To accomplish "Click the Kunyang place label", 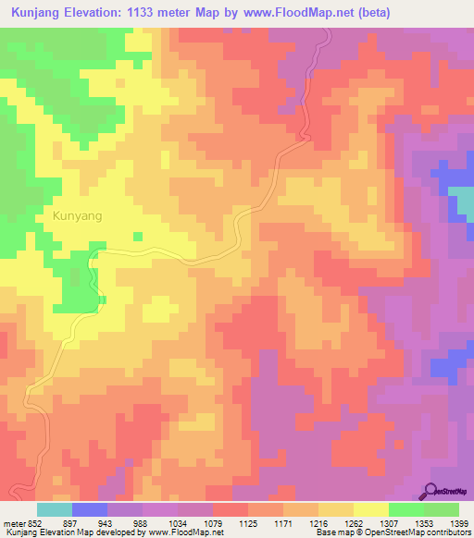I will pyautogui.click(x=70, y=215).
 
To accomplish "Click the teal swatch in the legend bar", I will pyautogui.click(x=54, y=509).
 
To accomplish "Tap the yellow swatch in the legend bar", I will pyautogui.click(x=371, y=509).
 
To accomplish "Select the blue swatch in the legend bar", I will pyautogui.click(x=90, y=509).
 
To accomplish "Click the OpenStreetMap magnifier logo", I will pyautogui.click(x=431, y=491).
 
